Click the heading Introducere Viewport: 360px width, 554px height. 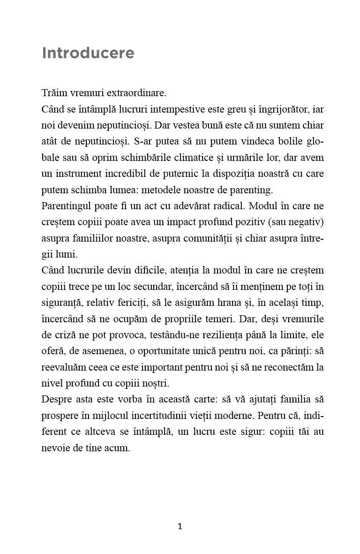tap(88, 53)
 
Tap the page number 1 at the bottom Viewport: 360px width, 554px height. tap(180, 526)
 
